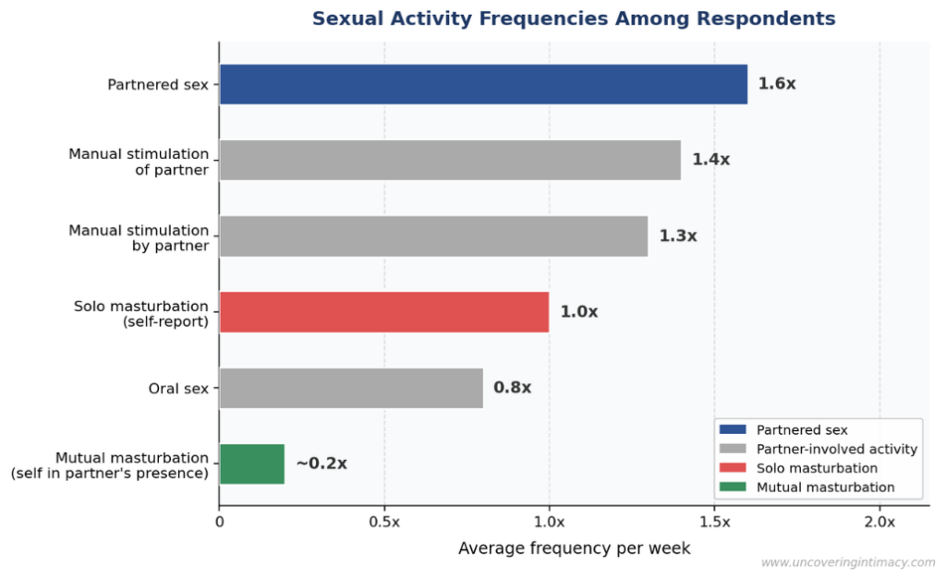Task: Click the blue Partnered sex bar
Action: point(482,84)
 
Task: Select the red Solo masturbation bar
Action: point(383,312)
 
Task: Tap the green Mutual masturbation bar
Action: point(251,464)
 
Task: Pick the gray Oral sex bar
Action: point(351,388)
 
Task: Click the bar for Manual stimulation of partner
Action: point(449,160)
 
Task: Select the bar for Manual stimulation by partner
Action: point(432,236)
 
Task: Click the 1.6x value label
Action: point(776,84)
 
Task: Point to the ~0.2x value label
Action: point(321,464)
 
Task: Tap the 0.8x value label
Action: point(512,388)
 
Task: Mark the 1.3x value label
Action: point(677,236)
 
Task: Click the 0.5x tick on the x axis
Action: point(384,522)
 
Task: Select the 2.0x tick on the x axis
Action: point(879,522)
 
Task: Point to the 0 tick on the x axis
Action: point(220,522)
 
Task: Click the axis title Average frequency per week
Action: point(574,548)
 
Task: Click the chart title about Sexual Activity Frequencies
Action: point(574,18)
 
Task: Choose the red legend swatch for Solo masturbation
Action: point(732,468)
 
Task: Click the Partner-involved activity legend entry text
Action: point(836,449)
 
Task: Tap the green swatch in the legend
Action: point(732,488)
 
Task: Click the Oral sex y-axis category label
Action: point(178,389)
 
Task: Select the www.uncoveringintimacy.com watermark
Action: point(847,562)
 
